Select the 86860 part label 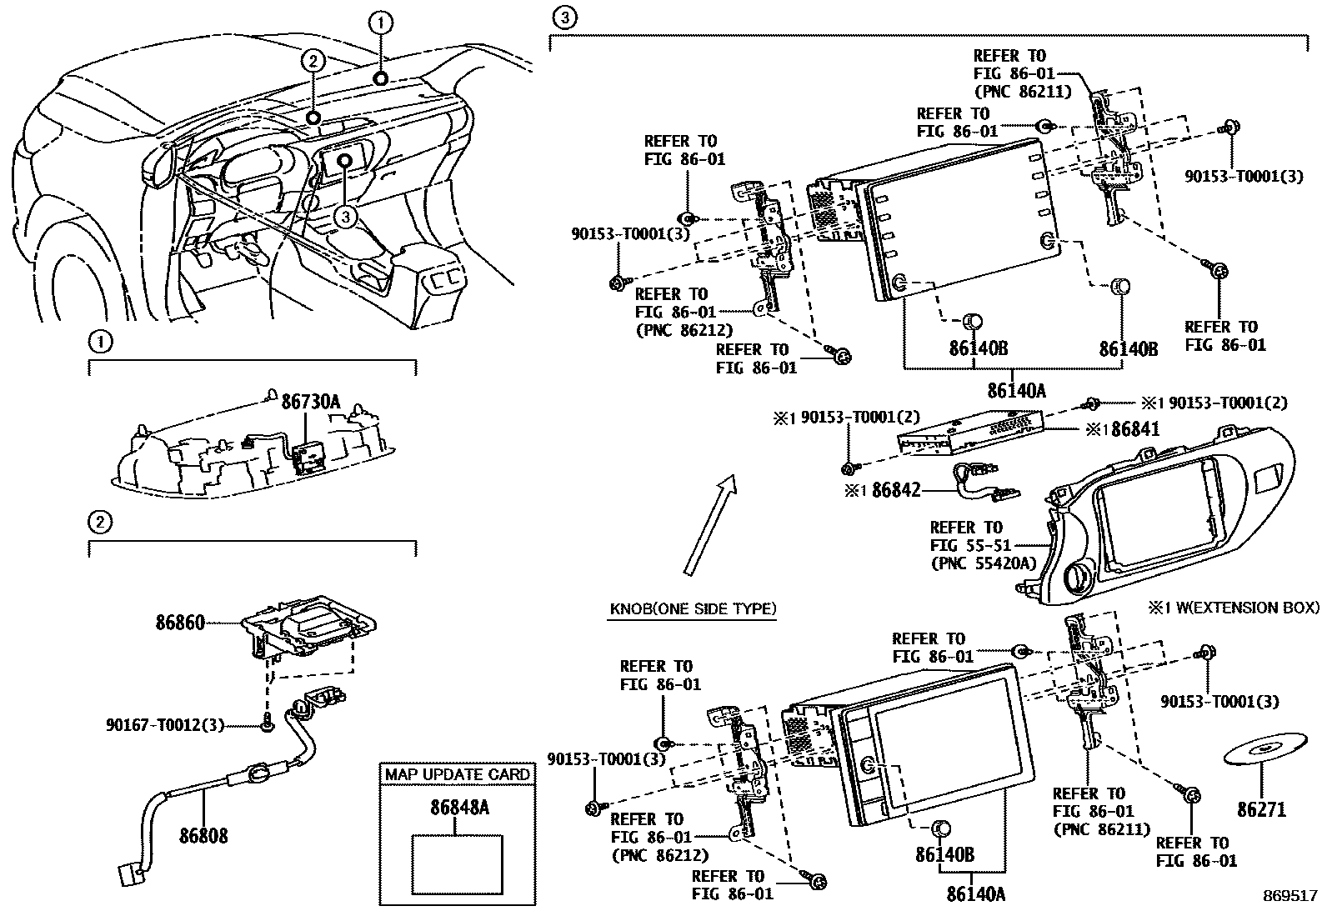180,622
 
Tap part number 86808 203,834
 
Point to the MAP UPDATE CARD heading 457,774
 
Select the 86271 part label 1261,809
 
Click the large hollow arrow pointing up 709,525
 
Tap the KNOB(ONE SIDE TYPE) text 693,608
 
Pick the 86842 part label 896,490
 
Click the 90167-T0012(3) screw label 165,725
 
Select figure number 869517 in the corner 1289,896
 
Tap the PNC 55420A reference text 983,564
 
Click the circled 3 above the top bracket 565,17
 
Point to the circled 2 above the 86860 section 99,522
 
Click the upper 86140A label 1016,390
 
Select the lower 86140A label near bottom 975,894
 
